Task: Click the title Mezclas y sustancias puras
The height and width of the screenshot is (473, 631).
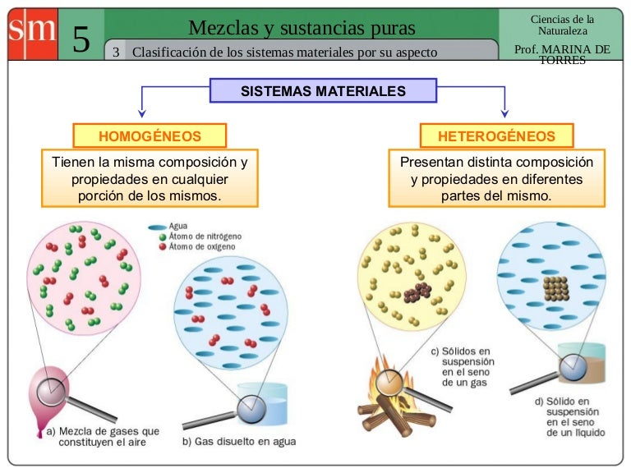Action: click(x=302, y=28)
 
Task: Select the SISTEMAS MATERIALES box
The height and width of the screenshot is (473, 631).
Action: click(x=323, y=90)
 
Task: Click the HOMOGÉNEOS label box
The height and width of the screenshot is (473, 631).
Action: click(x=150, y=135)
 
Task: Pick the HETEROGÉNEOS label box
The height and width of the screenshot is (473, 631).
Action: click(x=496, y=135)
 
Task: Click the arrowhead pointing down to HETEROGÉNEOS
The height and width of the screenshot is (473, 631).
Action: click(x=504, y=113)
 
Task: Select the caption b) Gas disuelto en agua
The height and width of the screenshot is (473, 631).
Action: click(x=238, y=442)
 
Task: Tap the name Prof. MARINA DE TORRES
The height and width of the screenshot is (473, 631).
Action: click(x=562, y=54)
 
